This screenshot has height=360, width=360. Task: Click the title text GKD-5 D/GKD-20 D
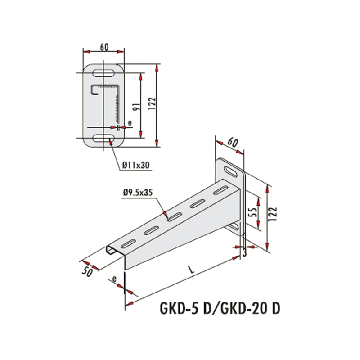point(220,308)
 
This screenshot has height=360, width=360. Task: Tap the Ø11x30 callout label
point(136,165)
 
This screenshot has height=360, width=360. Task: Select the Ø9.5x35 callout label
point(138,193)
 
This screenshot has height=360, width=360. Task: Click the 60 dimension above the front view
point(104,47)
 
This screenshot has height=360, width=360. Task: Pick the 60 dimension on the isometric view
point(233,143)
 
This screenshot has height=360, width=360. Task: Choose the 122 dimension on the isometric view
point(274,214)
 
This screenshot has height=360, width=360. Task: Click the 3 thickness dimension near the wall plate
point(244,253)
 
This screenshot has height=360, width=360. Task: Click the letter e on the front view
point(130,123)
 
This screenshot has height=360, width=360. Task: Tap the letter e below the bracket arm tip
point(114,279)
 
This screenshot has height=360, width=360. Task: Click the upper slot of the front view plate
point(103,73)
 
